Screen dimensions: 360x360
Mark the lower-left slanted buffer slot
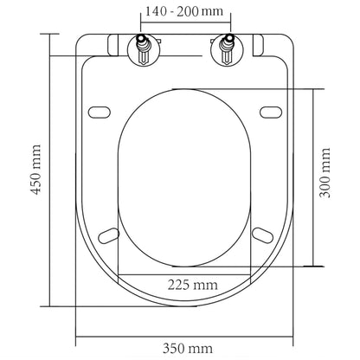109,234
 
